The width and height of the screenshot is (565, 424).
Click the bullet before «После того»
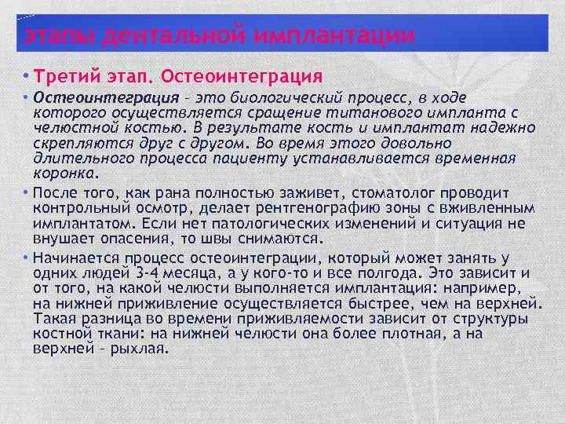(27, 193)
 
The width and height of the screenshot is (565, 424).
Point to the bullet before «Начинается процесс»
(27, 258)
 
